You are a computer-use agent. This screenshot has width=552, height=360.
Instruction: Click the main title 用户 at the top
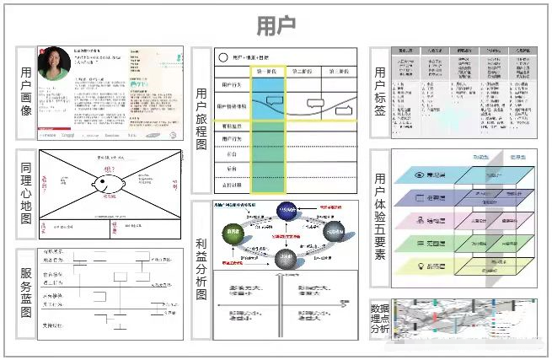[x=276, y=24]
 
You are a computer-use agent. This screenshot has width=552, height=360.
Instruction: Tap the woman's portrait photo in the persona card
[x=53, y=64]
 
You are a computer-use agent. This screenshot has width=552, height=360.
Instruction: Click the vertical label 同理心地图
[x=25, y=196]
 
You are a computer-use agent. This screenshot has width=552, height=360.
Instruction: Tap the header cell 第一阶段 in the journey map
[x=267, y=72]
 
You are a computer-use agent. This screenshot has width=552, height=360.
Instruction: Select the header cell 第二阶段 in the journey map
[x=304, y=72]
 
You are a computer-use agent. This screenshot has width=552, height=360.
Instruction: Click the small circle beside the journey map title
[x=223, y=57]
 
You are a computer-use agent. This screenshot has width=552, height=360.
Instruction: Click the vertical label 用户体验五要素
[x=381, y=217]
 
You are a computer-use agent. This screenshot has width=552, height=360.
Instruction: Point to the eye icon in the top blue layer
[x=421, y=175]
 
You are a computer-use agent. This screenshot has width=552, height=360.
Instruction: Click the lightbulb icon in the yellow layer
[x=421, y=266]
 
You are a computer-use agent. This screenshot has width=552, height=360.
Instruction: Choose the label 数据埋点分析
[x=381, y=318]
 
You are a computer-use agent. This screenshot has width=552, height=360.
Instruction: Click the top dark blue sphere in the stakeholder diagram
[x=288, y=214]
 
